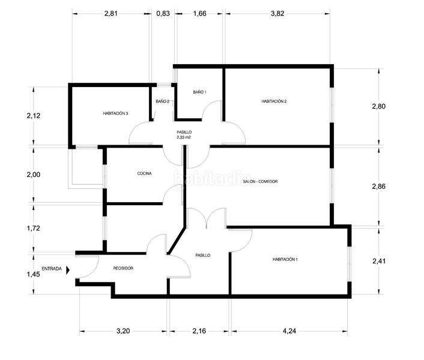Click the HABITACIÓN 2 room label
[x=274, y=101]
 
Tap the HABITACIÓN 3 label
[x=115, y=113]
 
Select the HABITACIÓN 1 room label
[x=285, y=259]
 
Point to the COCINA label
[x=144, y=173]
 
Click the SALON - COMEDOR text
[x=260, y=181]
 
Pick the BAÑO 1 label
[x=199, y=92]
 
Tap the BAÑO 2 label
[x=163, y=101]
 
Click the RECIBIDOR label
[x=123, y=268]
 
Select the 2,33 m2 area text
[x=184, y=137]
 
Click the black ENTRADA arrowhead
[x=68, y=270]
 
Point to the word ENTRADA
[x=52, y=269]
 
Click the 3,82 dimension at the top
[x=277, y=14]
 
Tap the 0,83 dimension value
[x=163, y=14]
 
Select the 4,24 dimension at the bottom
[x=289, y=331]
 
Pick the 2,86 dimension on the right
[x=379, y=187]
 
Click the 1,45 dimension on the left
[x=33, y=274]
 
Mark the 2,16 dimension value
[x=199, y=331]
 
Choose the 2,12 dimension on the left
[x=34, y=116]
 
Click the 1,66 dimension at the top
[x=200, y=14]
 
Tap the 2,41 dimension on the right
[x=379, y=261]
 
